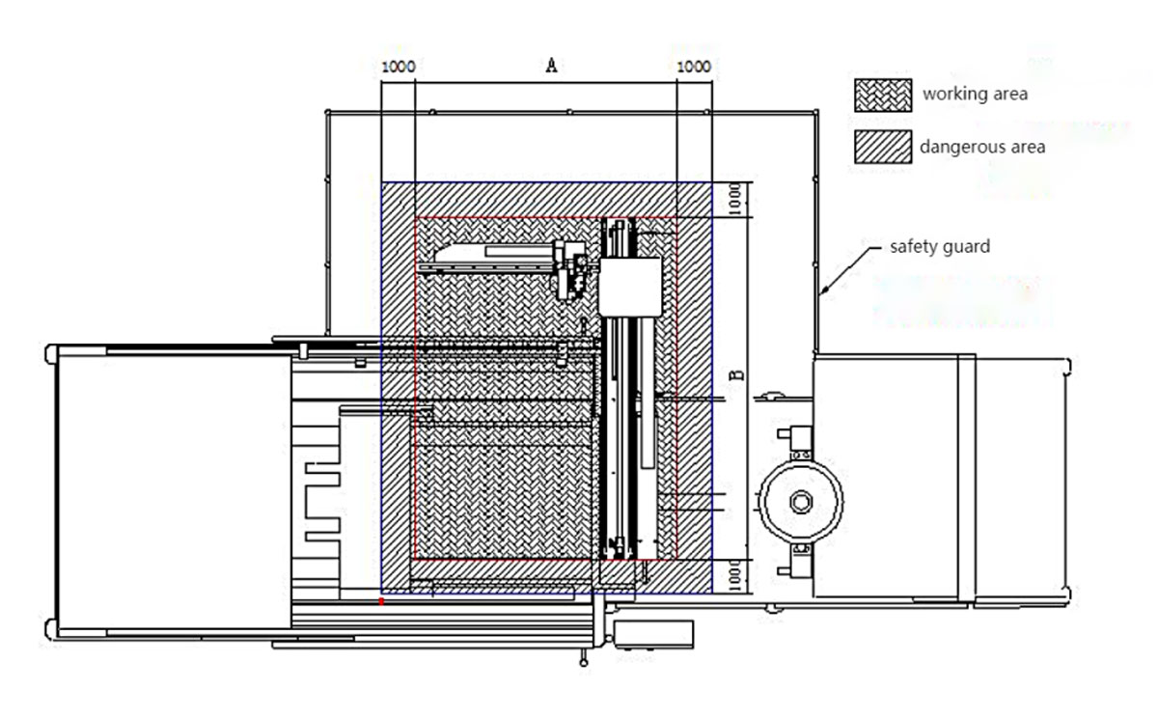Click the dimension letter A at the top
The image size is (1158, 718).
click(x=551, y=66)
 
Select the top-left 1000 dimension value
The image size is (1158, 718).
click(x=398, y=67)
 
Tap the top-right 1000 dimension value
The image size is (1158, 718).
click(x=694, y=67)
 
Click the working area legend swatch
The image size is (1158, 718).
click(x=883, y=96)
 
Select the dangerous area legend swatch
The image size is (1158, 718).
click(x=883, y=147)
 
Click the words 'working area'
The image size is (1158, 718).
click(x=975, y=94)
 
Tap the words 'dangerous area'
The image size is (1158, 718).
click(x=982, y=147)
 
